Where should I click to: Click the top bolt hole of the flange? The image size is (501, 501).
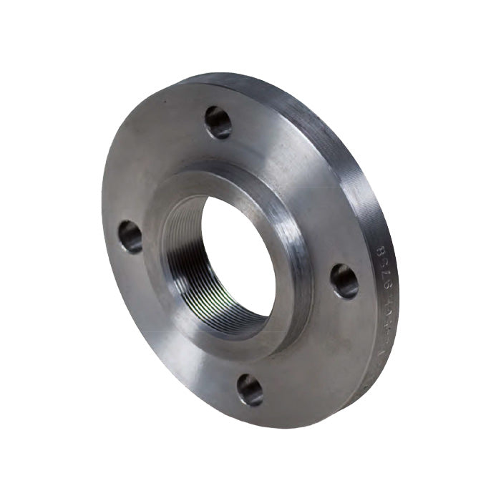click(x=218, y=122)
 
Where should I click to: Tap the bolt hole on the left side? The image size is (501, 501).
click(x=130, y=236)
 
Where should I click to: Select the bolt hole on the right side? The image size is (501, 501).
click(x=344, y=281)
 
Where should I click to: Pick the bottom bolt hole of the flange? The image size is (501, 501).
click(x=250, y=389)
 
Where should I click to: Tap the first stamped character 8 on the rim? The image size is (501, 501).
click(x=380, y=250)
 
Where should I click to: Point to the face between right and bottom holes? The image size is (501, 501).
click(x=315, y=351)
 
